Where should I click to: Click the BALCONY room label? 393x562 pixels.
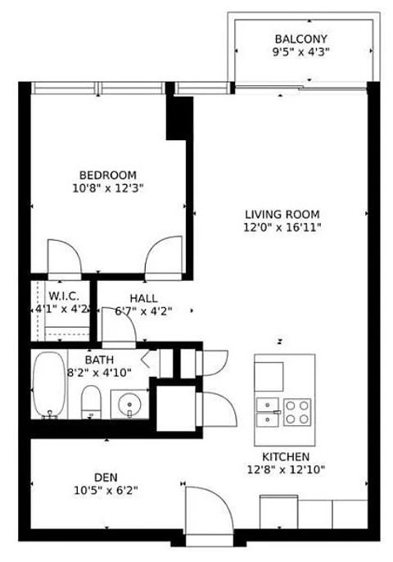click(300, 39)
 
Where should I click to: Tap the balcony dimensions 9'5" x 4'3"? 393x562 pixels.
click(300, 52)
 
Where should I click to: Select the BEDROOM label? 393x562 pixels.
click(107, 174)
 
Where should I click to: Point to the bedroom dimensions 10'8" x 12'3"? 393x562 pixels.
click(107, 188)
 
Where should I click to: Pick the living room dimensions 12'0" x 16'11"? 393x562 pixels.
click(282, 227)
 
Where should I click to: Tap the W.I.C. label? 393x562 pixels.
click(63, 296)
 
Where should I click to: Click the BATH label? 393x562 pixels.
click(99, 359)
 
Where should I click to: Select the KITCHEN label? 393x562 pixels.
click(285, 456)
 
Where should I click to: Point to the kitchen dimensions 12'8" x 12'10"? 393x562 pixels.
click(285, 469)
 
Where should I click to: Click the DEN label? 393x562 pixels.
click(106, 477)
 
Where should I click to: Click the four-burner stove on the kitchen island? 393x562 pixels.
click(298, 410)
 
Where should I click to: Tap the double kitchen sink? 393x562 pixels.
click(269, 412)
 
